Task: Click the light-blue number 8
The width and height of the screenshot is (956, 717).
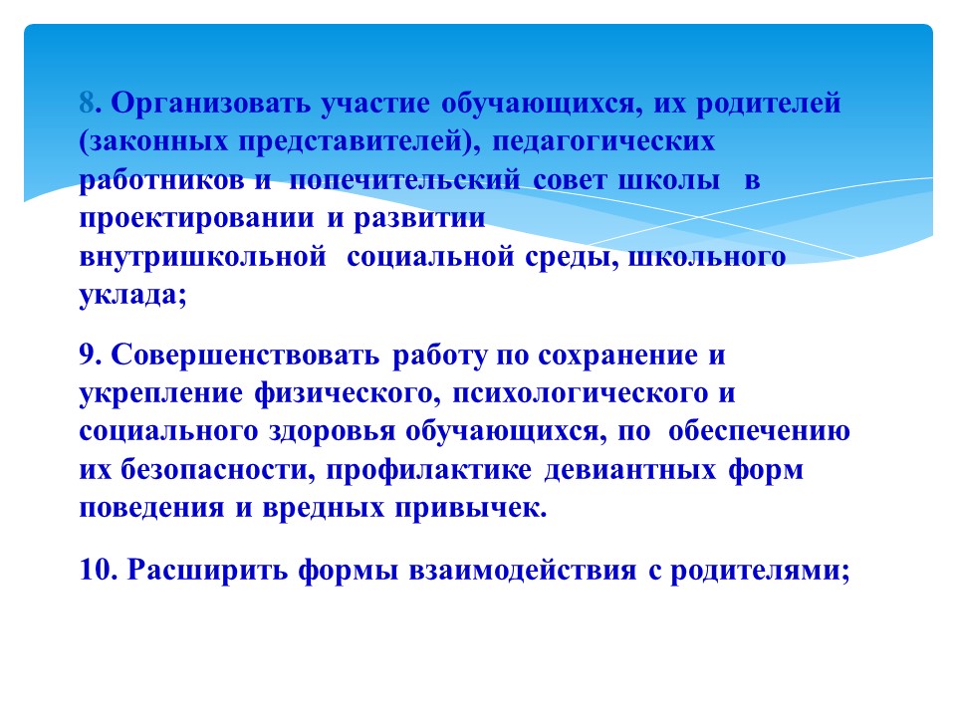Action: [x=87, y=103]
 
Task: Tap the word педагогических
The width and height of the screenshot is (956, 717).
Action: [x=603, y=142]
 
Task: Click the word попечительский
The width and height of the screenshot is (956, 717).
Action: [x=405, y=180]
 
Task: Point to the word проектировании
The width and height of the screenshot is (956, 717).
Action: [x=197, y=219]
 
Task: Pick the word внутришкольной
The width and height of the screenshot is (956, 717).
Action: [x=202, y=257]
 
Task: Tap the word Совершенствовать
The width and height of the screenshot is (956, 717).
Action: [x=245, y=356]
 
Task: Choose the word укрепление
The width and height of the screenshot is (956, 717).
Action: [x=161, y=394]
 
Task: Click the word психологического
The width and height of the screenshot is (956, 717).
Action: [x=580, y=394]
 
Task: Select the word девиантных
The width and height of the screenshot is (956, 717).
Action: [x=629, y=470]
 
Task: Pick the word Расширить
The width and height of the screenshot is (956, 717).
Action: [x=207, y=572]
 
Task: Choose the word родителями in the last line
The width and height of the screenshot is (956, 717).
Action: [x=755, y=572]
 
